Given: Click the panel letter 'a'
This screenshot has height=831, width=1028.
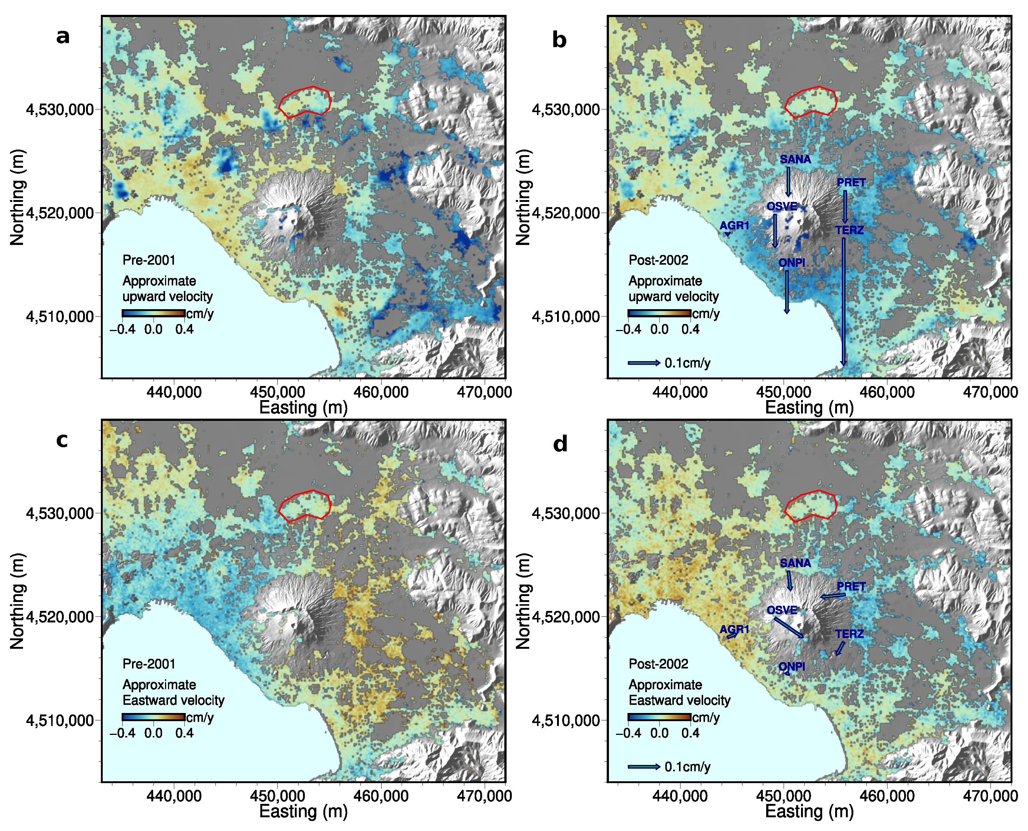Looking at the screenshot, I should (x=63, y=36).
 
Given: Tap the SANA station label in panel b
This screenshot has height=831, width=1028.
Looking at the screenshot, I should (x=795, y=159).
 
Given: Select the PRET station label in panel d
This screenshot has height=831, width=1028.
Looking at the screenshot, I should (x=851, y=586).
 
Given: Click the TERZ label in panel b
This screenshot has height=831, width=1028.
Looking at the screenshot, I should (x=850, y=230).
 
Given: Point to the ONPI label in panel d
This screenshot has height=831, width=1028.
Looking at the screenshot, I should (x=792, y=666).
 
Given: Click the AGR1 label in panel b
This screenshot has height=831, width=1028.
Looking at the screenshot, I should (x=734, y=225).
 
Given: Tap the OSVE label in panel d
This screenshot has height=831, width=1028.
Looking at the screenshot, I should (x=782, y=610).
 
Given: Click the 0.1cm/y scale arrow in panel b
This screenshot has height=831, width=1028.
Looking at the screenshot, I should (x=644, y=363).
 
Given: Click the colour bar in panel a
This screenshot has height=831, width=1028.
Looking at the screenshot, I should (x=154, y=314).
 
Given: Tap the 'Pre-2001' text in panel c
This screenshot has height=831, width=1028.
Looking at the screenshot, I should (x=149, y=664).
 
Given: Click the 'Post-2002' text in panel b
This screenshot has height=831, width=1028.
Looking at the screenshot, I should (x=658, y=260).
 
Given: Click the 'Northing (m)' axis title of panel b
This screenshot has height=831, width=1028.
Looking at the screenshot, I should (x=523, y=197).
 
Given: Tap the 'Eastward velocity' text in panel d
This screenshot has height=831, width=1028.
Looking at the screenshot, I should (x=679, y=700).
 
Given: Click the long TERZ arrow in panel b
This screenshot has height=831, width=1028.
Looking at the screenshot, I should (x=844, y=302).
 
